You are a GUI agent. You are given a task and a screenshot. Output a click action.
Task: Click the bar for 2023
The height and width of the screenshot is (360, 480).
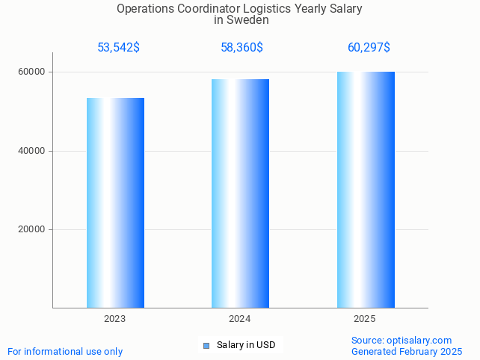[115, 202]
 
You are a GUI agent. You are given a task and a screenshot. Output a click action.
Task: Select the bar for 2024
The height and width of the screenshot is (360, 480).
[240, 193]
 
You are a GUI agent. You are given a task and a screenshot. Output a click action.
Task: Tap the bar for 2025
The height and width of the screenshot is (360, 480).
[366, 189]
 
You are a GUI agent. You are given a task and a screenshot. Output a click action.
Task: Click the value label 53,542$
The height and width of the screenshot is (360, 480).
[118, 48]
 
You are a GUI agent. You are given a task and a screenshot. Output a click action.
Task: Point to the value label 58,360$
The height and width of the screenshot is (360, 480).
[241, 48]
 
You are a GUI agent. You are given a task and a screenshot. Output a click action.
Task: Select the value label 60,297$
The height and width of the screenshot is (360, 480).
[369, 48]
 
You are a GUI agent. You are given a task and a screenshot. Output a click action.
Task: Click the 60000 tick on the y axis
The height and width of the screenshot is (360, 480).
[31, 72]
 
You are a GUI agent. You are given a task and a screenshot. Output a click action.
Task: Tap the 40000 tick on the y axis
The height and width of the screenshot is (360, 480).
[31, 151]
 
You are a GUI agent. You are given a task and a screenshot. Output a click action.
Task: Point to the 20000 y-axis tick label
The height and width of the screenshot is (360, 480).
[31, 230]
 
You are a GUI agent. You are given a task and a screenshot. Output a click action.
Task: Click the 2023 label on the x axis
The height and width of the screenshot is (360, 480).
[115, 319]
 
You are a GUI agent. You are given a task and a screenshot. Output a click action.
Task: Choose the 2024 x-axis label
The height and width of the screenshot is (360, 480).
[240, 319]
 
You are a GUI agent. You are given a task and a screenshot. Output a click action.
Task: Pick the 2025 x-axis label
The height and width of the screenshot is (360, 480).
[365, 319]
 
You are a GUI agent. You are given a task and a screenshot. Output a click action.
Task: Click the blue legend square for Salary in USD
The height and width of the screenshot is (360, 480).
[206, 345]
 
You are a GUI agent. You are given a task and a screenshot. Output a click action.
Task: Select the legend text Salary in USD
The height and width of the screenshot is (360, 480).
[246, 345]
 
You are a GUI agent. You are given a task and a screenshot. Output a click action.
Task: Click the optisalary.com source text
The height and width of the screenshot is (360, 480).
[401, 341]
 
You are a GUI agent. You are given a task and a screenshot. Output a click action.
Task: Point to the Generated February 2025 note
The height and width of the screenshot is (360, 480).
[407, 351]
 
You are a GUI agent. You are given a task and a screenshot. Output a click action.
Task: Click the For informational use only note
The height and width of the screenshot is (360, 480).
[65, 351]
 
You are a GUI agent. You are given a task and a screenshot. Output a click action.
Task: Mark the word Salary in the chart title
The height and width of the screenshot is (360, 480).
[345, 9]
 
